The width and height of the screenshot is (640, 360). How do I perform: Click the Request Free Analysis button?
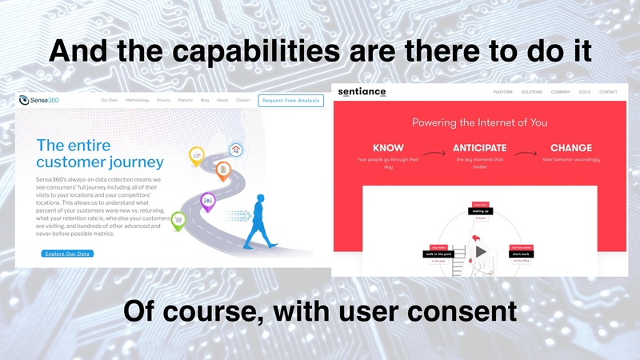290,100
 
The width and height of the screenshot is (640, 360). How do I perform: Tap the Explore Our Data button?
66,254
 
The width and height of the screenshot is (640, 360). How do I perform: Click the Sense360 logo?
39,100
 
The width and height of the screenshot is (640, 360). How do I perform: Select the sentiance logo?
362,92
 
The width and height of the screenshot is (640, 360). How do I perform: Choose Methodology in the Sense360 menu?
138,100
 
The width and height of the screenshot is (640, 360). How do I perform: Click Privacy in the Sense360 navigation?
164,100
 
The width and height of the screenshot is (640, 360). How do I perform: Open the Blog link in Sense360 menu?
205,100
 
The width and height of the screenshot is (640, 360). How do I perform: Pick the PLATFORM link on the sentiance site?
503,92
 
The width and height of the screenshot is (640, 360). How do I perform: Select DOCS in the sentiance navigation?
586,92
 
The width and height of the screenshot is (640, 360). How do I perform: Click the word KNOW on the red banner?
388,148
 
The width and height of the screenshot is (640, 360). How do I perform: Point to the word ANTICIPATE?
480,148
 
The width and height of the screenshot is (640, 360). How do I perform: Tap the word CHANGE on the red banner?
571,148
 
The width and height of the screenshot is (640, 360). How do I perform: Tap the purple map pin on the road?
208,201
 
